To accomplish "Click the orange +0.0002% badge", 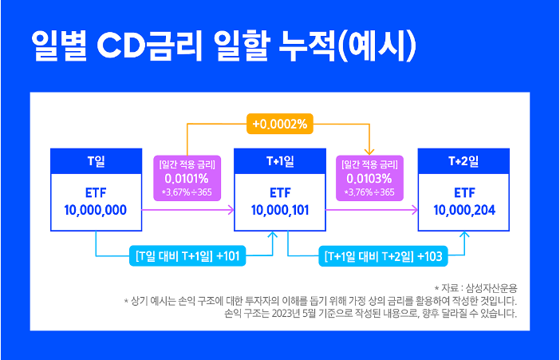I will pos(279,124).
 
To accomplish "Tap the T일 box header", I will pos(96,160).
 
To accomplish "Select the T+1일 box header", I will pos(279,160).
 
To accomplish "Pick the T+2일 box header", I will pos(464,160).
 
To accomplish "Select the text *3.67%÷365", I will pos(188,192).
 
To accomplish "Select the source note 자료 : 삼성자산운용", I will pos(476,287).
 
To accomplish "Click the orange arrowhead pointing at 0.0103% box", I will pos(370,152).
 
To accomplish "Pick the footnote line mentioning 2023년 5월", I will pos(372,314).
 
